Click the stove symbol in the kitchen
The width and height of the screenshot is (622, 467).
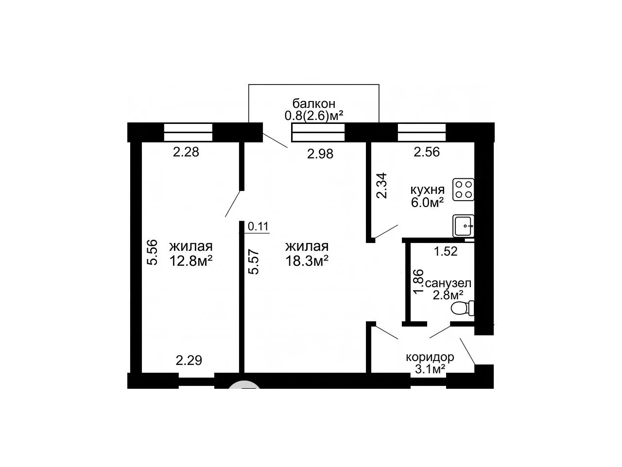(x=463, y=190)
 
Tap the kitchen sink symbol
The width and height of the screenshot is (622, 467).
(x=463, y=225)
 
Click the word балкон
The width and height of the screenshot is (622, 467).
(x=314, y=104)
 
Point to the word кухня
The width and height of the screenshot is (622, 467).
(x=427, y=190)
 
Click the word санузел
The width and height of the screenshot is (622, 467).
(x=448, y=283)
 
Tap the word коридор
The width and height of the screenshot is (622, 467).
(x=430, y=357)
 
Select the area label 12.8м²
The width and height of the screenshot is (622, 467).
(x=190, y=261)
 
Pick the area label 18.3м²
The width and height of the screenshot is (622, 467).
(x=307, y=261)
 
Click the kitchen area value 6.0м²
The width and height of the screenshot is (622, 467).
(x=427, y=203)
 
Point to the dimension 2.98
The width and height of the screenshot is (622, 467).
(x=320, y=154)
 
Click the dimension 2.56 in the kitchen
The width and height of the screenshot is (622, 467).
(x=427, y=152)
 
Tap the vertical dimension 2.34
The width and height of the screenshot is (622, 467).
(x=381, y=186)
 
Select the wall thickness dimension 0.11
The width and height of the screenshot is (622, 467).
(x=258, y=226)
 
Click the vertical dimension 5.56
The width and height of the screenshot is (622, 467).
(x=152, y=252)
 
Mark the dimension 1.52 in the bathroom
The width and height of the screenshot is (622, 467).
(x=446, y=251)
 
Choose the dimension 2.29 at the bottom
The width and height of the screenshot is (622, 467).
(x=189, y=361)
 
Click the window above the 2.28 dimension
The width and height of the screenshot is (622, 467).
(x=188, y=132)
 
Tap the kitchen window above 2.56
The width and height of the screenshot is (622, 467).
(x=422, y=132)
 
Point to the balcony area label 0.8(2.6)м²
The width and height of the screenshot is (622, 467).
(x=314, y=116)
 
